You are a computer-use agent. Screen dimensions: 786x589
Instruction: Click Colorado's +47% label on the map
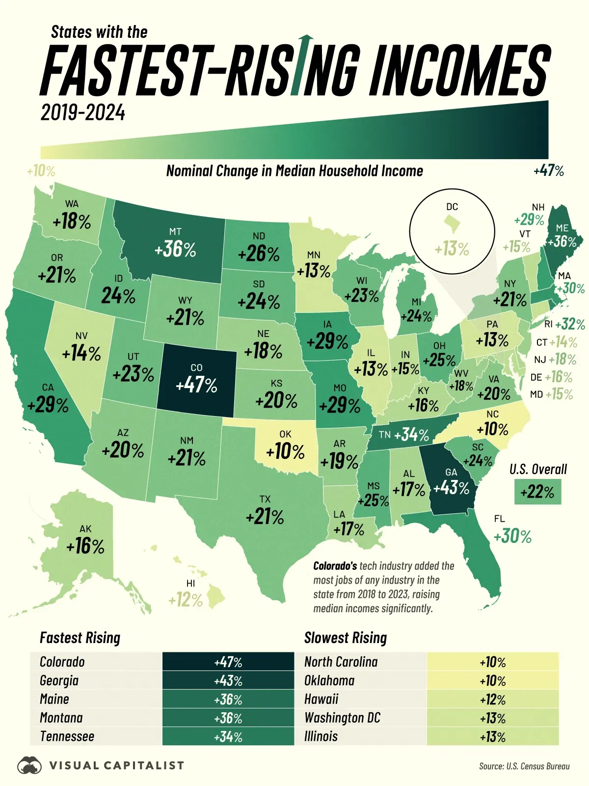pos(196,385)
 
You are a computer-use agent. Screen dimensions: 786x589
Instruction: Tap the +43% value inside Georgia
pos(451,487)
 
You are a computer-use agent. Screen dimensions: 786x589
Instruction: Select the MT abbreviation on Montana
pos(175,231)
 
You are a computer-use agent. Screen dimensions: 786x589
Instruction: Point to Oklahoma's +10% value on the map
pos(285,451)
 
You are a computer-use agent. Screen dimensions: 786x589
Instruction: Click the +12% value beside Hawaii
pos(185,600)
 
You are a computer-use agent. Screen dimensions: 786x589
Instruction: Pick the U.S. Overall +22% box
pos(537,492)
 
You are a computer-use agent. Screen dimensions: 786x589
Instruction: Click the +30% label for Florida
pos(512,536)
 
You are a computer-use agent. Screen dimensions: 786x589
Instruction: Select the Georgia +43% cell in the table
pos(228,681)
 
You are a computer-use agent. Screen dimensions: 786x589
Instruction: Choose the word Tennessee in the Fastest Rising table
pos(67,736)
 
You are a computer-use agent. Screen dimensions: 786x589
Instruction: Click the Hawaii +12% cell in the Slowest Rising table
pos(492,700)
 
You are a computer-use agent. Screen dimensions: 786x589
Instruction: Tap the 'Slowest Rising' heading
pos(346,638)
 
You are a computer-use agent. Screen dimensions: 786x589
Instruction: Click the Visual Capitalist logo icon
pos(29,765)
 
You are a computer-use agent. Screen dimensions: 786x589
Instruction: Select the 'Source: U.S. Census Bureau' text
pos(524,766)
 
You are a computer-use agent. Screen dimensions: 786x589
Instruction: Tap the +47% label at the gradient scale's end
pos(548,171)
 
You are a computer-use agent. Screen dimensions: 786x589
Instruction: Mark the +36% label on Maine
pos(562,241)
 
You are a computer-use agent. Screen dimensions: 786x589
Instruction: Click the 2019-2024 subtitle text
pos(83,113)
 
